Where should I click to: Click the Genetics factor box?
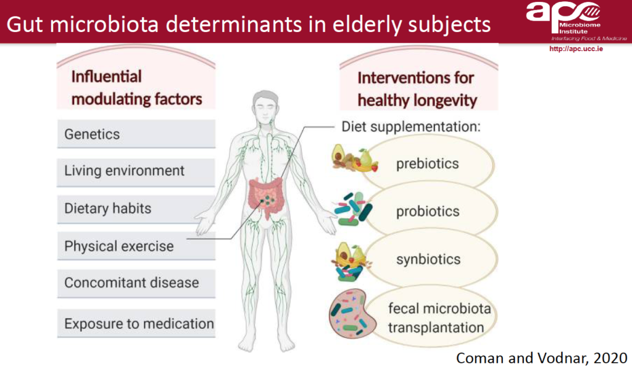pos(136,134)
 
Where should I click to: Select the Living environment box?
pos(136,171)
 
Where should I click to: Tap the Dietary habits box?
pos(136,208)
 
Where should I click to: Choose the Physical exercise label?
pos(119,246)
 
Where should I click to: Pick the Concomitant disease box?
pos(136,283)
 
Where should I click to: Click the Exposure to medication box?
pos(136,323)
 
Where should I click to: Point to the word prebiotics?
pos(427,163)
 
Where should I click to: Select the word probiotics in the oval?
pos(428,211)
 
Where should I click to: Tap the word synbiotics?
pos(428,259)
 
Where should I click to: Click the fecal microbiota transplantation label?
pos(439,318)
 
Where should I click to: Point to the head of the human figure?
pos(266,107)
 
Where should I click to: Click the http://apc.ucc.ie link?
pos(576,49)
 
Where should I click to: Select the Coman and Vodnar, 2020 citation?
pos(541,358)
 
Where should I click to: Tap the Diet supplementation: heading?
pos(411,126)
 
